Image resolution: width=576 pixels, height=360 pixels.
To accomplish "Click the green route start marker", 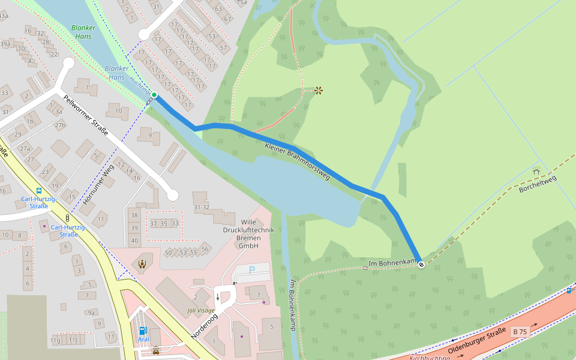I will coord(154,95).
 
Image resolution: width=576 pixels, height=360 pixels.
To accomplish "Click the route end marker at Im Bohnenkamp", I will coord(421,264).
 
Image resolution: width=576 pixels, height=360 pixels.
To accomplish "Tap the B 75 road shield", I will coord(520,332).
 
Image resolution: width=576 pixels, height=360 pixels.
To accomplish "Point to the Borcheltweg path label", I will coord(538,183).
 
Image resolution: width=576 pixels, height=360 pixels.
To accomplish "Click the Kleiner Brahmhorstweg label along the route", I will coord(298,158).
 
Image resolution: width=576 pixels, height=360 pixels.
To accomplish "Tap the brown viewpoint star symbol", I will coord(319,91).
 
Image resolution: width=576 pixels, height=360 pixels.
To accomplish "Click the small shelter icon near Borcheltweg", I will coord(536,172).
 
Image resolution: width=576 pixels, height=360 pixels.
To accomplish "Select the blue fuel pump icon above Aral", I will coord(143,330).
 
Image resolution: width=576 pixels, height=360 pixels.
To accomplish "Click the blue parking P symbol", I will coord(251,270).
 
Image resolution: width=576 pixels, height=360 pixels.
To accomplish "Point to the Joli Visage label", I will coord(200,311).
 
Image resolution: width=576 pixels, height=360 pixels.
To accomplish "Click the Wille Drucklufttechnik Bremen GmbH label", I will coord(248,234).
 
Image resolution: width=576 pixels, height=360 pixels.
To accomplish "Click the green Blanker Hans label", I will coord(83,32).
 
